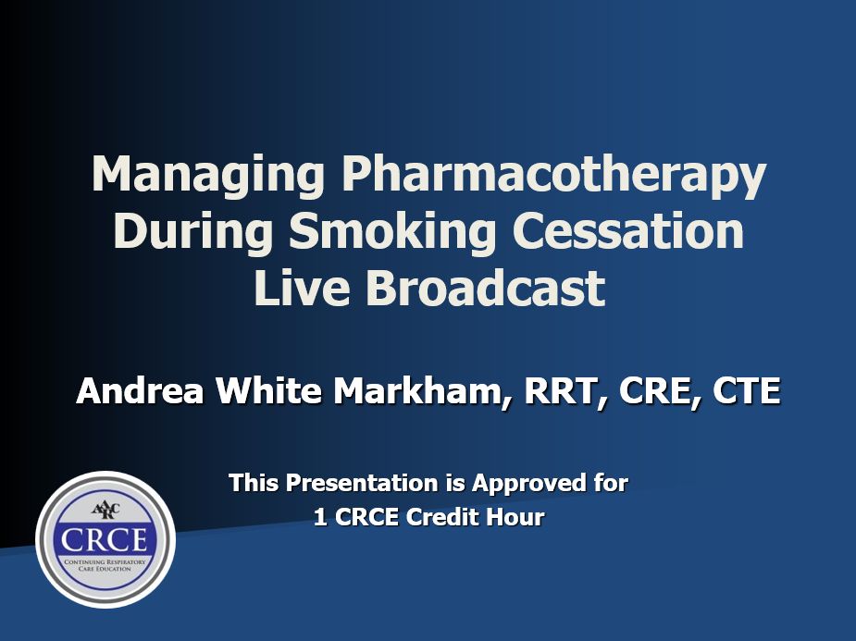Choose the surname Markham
pyautogui.click(x=421, y=390)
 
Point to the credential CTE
pyautogui.click(x=746, y=390)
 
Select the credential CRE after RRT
pyautogui.click(x=655, y=390)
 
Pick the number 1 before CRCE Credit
pyautogui.click(x=319, y=518)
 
